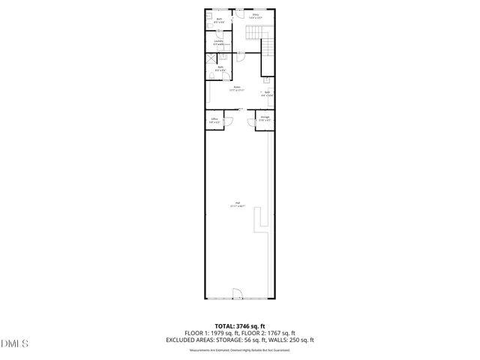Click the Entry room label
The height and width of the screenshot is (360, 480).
tap(256, 16)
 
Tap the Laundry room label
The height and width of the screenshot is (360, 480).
tap(218, 43)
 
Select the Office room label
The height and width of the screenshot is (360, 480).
tap(214, 120)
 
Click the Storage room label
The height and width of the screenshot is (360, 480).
tap(265, 118)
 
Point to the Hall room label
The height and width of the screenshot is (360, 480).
tap(237, 205)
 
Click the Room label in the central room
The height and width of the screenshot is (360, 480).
tap(237, 88)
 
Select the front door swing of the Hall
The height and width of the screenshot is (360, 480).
tap(237, 293)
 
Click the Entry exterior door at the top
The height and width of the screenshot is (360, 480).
tap(238, 13)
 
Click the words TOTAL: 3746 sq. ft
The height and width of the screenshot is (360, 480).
tap(239, 326)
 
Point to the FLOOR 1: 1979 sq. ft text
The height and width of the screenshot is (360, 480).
tap(211, 333)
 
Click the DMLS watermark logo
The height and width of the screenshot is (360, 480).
tap(15, 344)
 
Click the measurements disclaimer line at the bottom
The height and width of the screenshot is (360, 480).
tap(239, 349)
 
